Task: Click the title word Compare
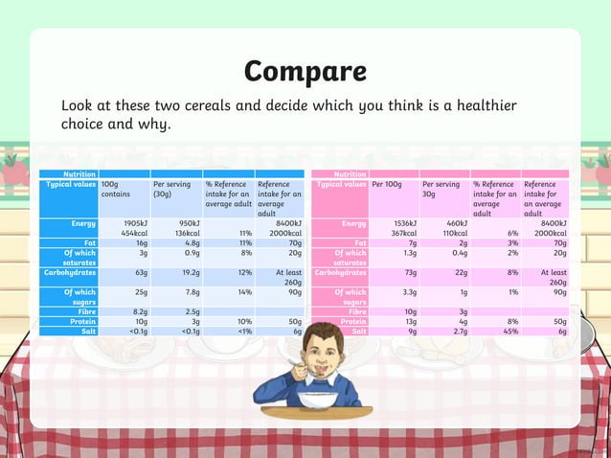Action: click(305, 71)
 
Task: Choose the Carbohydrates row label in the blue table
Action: click(66, 272)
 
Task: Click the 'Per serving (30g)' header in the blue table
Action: click(173, 190)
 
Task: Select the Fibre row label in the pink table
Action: click(357, 311)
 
